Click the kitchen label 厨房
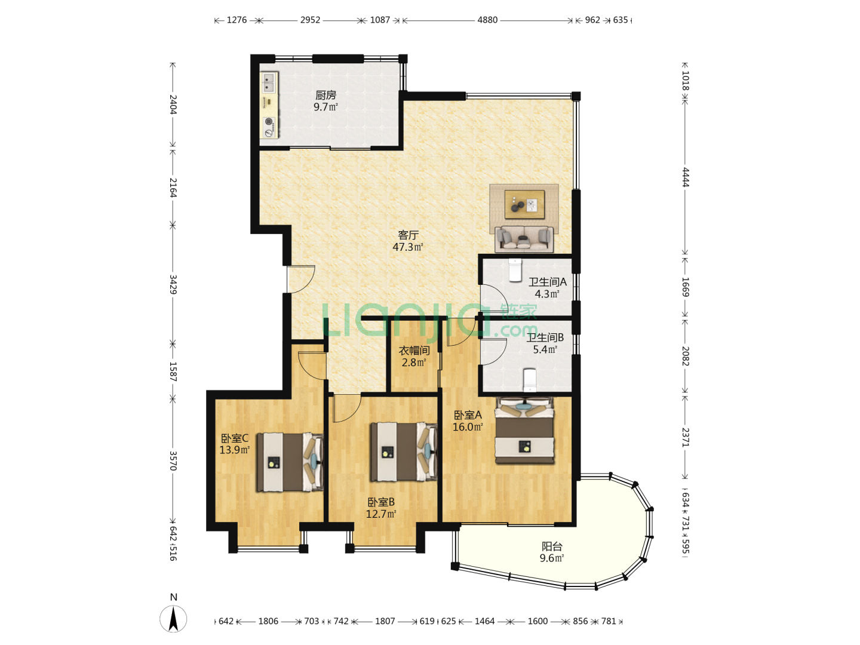tap(325, 95)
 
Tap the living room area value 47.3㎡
tap(407, 247)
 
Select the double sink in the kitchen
tap(268, 82)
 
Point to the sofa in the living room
tap(524, 239)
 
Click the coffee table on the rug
tap(524, 204)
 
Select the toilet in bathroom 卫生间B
tap(530, 379)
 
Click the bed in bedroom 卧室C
tap(290, 462)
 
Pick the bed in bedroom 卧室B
tap(404, 451)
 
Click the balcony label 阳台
tap(552, 546)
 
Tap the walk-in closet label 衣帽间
tap(414, 351)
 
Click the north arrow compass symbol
tap(173, 619)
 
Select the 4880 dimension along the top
tap(487, 20)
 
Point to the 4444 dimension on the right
tap(685, 177)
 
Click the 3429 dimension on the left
tap(173, 284)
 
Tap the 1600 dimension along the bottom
tap(537, 621)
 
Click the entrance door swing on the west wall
tap(301, 279)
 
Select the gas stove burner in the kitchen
tap(268, 121)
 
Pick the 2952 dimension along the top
tap(310, 20)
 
